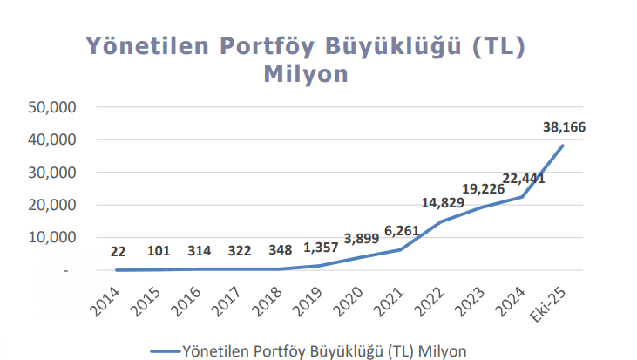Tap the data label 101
159,251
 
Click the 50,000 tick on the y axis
54,106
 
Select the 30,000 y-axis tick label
54,172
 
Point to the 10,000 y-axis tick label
54,237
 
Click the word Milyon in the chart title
305,74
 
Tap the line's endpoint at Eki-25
563,146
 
